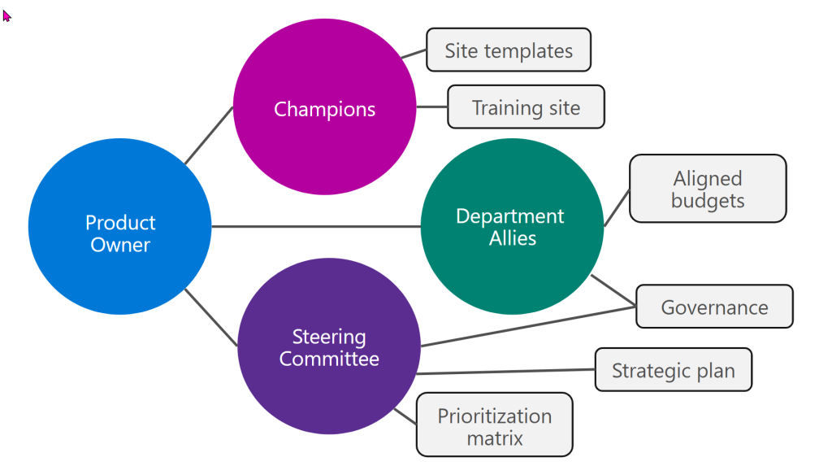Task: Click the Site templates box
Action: [x=509, y=50]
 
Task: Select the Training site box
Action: [x=526, y=107]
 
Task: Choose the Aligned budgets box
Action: [x=708, y=189]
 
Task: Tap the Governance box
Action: [x=714, y=307]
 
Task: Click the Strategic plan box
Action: [x=673, y=371]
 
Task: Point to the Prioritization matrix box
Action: [x=494, y=425]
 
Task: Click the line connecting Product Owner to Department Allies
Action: [x=317, y=227]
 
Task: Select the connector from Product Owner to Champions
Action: [x=209, y=136]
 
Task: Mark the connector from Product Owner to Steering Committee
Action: [x=211, y=318]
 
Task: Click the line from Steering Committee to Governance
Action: [x=528, y=326]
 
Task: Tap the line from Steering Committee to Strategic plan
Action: [x=504, y=372]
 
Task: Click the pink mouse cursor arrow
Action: [x=6, y=15]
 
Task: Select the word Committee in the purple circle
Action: [x=329, y=359]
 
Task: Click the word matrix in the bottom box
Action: [x=494, y=438]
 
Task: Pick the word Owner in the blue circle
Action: [x=120, y=245]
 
